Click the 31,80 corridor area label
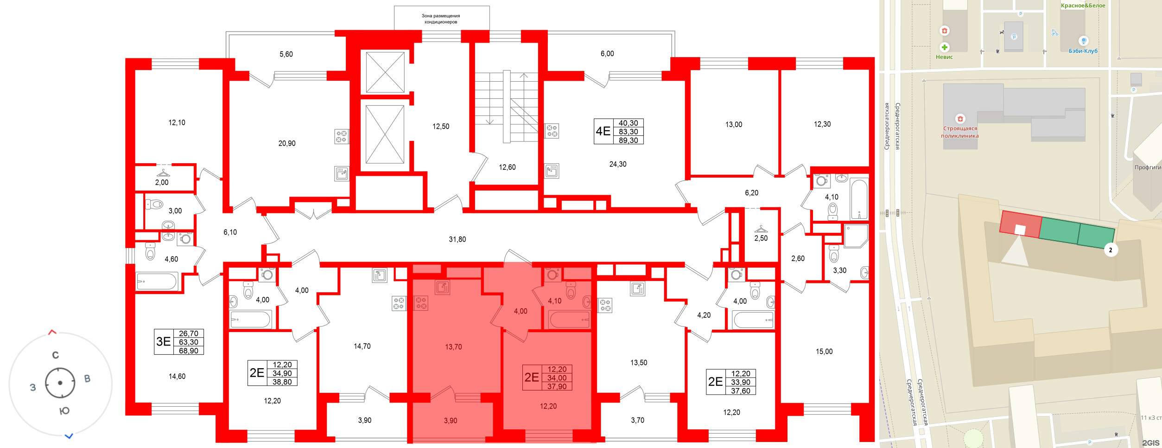tap(457, 239)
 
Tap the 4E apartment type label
tap(603, 131)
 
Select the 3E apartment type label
tap(163, 342)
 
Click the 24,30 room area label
tap(617, 164)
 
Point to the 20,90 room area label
tap(286, 143)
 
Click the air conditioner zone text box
tap(441, 19)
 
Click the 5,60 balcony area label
tap(286, 54)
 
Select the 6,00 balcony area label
tap(607, 54)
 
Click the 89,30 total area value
tap(628, 140)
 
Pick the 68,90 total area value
tap(188, 351)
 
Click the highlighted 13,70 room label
tap(453, 347)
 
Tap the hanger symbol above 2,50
tap(761, 229)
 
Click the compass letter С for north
tap(56, 355)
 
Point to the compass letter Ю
tap(64, 410)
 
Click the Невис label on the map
tap(944, 57)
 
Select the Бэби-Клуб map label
tap(1083, 51)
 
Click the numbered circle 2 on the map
tap(1110, 250)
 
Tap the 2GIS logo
tap(1150, 443)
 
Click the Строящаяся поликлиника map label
tap(959, 132)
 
